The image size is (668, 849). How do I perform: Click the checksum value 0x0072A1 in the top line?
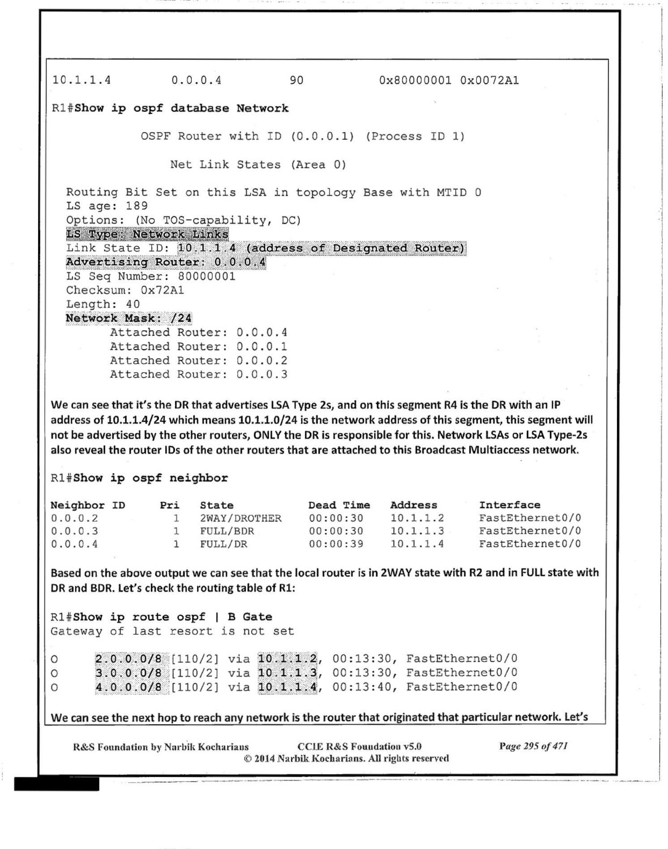pyautogui.click(x=489, y=81)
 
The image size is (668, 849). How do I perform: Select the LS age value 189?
pyautogui.click(x=137, y=206)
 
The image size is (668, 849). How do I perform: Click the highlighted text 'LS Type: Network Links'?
pyautogui.click(x=147, y=234)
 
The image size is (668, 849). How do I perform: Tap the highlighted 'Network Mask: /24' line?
pyautogui.click(x=128, y=318)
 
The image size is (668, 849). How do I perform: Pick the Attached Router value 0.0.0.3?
pyautogui.click(x=262, y=374)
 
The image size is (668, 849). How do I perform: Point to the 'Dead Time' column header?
pyautogui.click(x=339, y=505)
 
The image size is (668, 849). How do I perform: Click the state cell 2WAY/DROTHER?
pyautogui.click(x=240, y=518)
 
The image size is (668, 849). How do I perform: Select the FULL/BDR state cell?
pyautogui.click(x=227, y=531)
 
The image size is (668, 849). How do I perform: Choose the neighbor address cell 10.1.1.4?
pyautogui.click(x=417, y=544)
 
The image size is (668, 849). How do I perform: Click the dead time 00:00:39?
pyautogui.click(x=336, y=544)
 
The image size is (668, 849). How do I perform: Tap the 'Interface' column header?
pyautogui.click(x=510, y=505)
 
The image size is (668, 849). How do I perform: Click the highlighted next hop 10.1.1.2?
pyautogui.click(x=287, y=659)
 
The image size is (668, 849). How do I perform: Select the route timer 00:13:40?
pyautogui.click(x=362, y=687)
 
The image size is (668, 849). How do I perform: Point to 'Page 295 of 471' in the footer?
pyautogui.click(x=533, y=746)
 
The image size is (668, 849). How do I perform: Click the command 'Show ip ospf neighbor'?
pyautogui.click(x=150, y=478)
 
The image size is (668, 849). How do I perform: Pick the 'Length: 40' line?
pyautogui.click(x=103, y=304)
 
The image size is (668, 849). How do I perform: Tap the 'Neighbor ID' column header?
pyautogui.click(x=88, y=505)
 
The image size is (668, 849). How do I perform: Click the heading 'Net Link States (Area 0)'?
pyautogui.click(x=258, y=165)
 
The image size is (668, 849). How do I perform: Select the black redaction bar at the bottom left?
pyautogui.click(x=56, y=784)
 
